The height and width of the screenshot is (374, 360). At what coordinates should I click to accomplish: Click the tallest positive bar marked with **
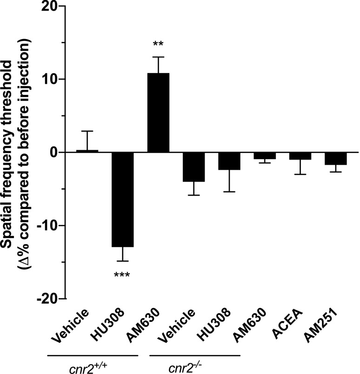point(158,113)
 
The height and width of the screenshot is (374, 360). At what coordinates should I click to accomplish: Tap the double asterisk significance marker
point(158,45)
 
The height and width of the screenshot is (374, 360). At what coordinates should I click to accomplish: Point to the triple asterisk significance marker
point(122,274)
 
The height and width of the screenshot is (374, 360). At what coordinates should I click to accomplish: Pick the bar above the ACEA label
point(300,156)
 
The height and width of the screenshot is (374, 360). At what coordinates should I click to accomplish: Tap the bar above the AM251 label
point(335,158)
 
